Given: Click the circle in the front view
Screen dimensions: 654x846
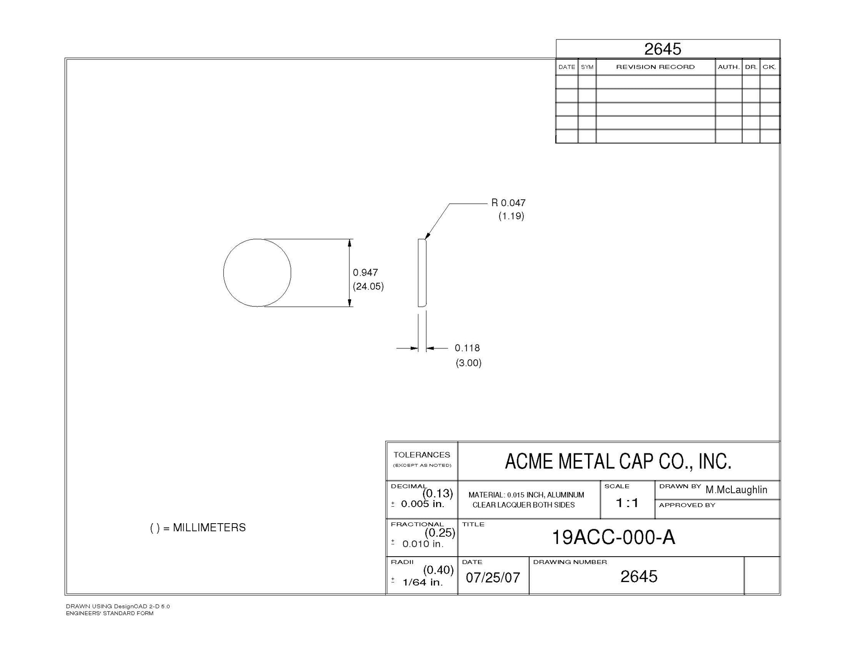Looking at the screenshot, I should [x=257, y=273].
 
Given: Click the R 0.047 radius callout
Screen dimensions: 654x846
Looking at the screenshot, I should [x=508, y=203].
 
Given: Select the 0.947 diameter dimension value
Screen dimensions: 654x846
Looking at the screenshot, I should [x=365, y=273].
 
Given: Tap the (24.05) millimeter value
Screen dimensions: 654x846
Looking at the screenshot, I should [x=368, y=286].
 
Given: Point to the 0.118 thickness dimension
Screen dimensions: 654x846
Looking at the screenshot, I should [x=467, y=348].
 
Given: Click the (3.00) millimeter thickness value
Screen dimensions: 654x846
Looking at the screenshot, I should [x=468, y=363].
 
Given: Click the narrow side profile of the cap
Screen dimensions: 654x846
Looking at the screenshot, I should [x=422, y=273].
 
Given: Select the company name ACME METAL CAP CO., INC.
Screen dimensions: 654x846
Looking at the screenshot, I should [x=618, y=461].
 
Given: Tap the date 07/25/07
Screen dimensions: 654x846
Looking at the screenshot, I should [x=493, y=577].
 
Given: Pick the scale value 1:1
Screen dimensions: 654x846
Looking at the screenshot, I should [x=627, y=503].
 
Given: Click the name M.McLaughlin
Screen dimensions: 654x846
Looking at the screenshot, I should [x=736, y=490].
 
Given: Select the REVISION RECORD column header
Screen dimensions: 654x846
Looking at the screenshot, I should [x=655, y=67].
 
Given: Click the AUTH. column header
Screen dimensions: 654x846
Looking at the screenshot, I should [x=728, y=67].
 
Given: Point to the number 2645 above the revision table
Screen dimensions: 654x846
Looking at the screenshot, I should [x=662, y=49].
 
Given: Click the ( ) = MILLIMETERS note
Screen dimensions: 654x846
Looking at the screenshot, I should [x=198, y=527].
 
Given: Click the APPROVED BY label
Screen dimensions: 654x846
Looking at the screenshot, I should [x=687, y=505].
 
